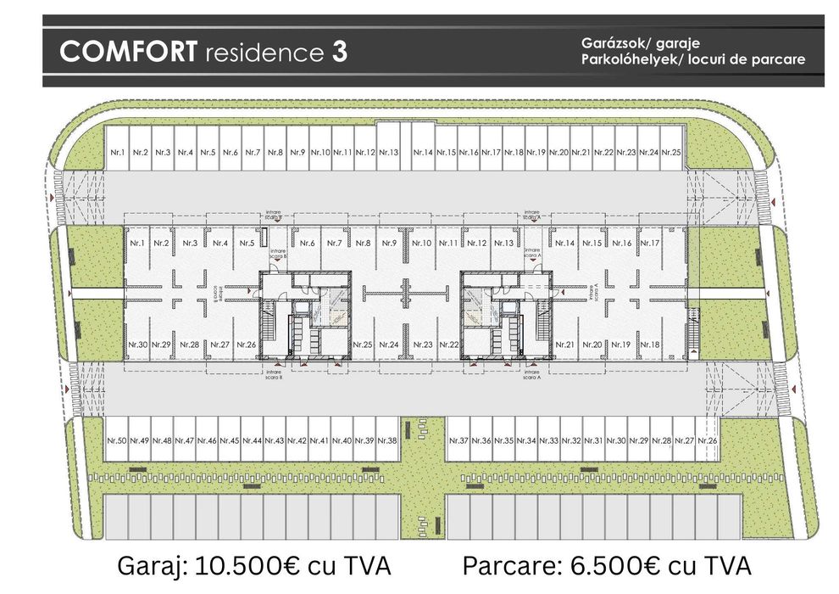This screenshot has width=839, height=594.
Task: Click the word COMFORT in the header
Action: [x=128, y=51]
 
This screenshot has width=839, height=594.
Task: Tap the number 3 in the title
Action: [x=339, y=51]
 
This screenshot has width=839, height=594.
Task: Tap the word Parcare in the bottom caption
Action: [x=508, y=566]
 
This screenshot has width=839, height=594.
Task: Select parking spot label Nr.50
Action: [x=116, y=441]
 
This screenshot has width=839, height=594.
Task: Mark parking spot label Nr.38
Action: [x=387, y=441]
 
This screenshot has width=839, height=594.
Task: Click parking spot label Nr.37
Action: [x=458, y=441]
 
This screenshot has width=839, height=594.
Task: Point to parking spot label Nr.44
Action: [x=252, y=441]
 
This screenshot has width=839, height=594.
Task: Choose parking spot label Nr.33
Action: [x=549, y=441]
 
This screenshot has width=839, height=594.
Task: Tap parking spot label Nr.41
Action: [x=319, y=441]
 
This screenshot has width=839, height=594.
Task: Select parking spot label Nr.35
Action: [x=504, y=441]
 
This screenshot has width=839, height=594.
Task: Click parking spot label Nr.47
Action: [x=184, y=441]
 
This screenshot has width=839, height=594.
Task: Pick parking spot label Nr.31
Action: [x=594, y=441]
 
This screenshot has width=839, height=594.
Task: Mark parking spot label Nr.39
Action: [x=364, y=441]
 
